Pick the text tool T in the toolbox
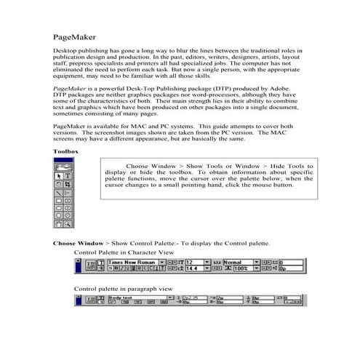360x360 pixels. (68, 175)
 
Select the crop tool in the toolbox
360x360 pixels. (68, 185)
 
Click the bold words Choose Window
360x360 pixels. (79, 242)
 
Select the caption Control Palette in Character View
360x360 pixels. (124, 252)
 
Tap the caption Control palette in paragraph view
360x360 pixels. (123, 289)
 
